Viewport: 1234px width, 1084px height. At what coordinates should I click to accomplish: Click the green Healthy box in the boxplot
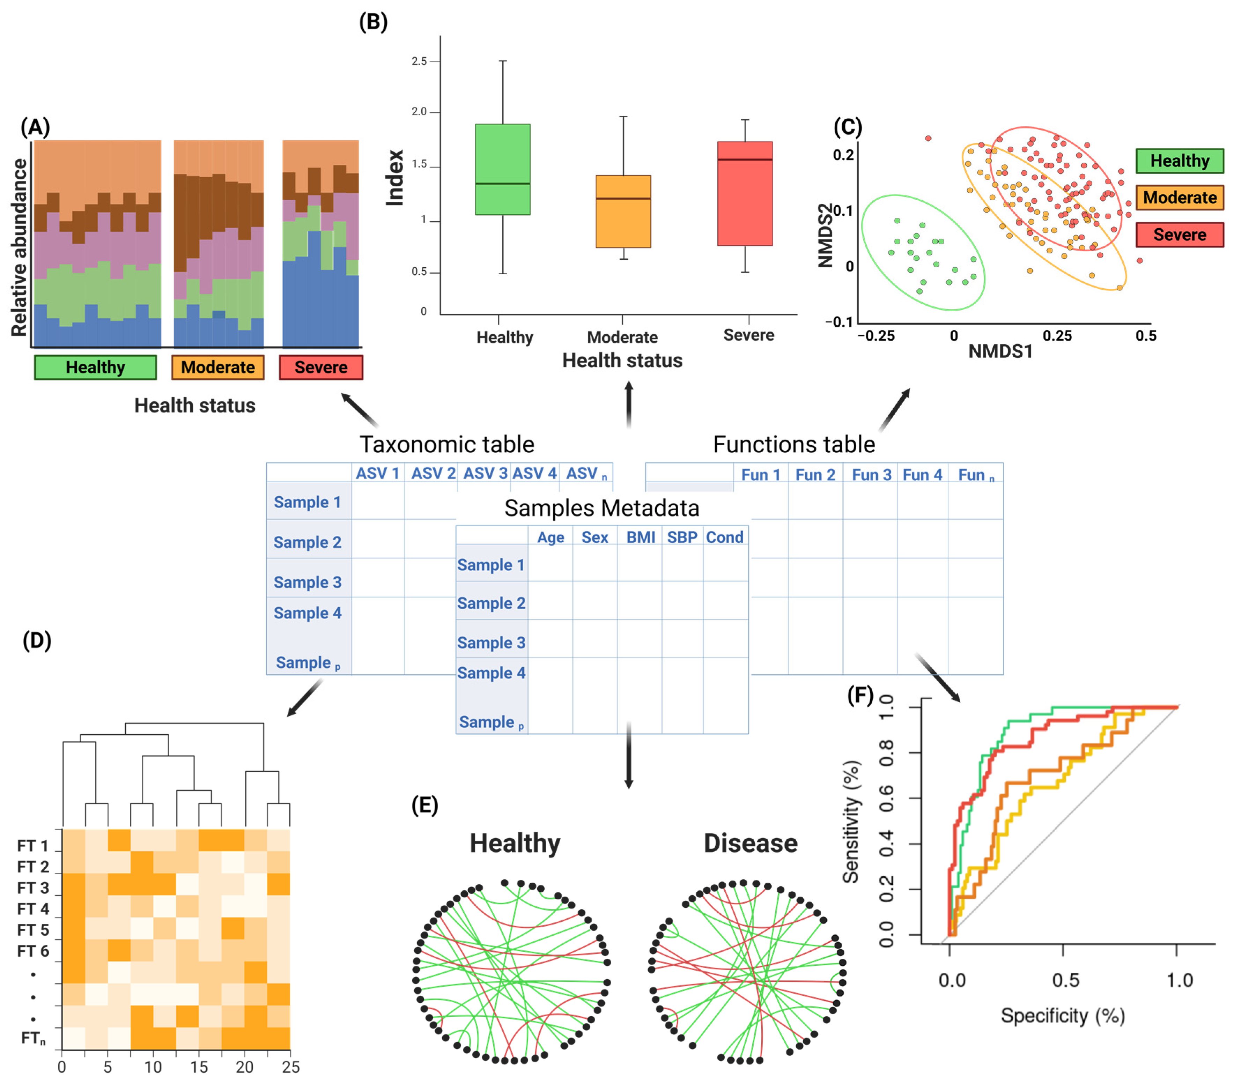coord(502,169)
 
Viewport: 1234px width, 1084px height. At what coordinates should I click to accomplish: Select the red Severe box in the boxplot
coord(744,193)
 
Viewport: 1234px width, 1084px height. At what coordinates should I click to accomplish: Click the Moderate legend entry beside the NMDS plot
coord(1179,198)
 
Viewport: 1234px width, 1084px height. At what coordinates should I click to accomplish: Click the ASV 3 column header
coord(485,473)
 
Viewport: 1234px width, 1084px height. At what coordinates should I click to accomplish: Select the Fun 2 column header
coord(815,475)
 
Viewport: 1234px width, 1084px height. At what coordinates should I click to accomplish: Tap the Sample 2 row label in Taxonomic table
coord(307,542)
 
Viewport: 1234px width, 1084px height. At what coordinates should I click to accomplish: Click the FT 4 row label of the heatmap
coord(33,908)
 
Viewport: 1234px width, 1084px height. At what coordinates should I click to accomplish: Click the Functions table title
coord(794,444)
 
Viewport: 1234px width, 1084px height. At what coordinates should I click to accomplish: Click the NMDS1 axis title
coord(1000,351)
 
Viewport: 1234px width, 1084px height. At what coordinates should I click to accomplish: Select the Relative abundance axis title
coord(19,247)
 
